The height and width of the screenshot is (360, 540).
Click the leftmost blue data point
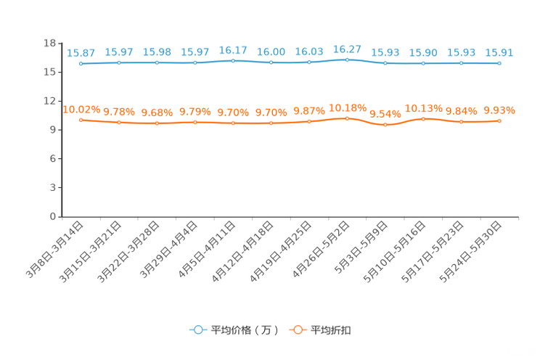81,64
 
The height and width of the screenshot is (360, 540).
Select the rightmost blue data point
499,63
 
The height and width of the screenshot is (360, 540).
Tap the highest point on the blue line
347,60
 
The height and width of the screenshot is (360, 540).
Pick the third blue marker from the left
157,62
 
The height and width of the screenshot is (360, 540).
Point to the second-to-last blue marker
462,63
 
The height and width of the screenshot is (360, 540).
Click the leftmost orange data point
81,120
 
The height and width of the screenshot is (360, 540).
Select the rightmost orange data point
499,120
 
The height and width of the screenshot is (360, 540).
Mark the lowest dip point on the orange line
385,125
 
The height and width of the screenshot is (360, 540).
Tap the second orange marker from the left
119,123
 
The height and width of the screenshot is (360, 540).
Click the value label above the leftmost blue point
81,53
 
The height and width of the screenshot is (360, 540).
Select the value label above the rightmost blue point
499,52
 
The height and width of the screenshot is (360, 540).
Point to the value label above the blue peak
347,49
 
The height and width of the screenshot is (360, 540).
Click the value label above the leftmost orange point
81,110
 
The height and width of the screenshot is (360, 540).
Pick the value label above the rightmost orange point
499,110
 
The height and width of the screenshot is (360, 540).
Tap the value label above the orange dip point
385,114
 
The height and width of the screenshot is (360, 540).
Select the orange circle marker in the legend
298,330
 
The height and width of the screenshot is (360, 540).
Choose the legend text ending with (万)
245,330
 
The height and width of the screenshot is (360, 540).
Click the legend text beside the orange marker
332,330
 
